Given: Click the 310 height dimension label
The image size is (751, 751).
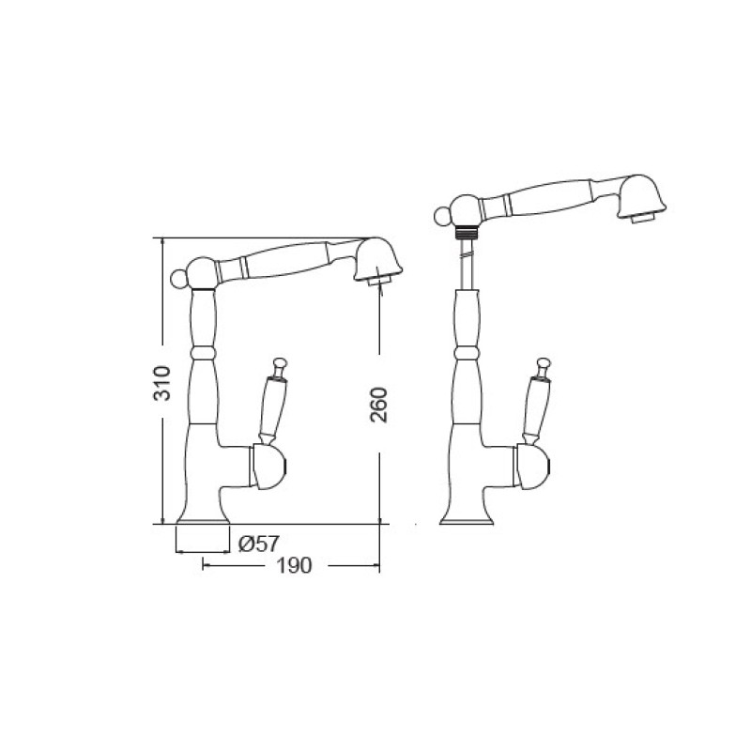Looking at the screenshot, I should (x=161, y=382).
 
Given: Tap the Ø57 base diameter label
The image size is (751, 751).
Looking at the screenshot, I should (x=258, y=543).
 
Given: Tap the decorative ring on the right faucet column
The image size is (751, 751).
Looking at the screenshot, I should (x=466, y=353).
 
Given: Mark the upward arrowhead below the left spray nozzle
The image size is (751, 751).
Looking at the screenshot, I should (x=380, y=288).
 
